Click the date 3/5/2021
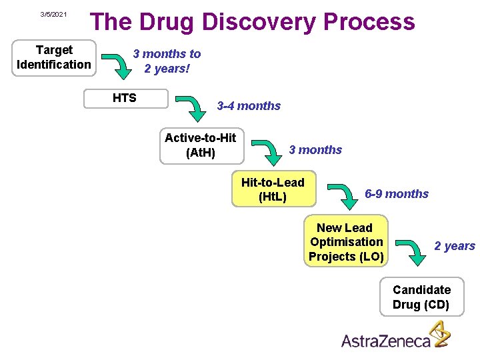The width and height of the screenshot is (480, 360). [x=53, y=14]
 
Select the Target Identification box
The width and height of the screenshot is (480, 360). [x=54, y=57]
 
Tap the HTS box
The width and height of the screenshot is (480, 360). [x=124, y=98]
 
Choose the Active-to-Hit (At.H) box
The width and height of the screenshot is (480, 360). [x=200, y=145]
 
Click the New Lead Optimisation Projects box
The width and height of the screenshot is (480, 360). [x=345, y=242]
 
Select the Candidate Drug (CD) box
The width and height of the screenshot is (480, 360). [x=421, y=297]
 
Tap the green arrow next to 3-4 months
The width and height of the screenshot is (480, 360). [x=193, y=108]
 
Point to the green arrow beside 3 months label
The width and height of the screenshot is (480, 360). [x=268, y=153]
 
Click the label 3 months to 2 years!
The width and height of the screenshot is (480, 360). [x=167, y=61]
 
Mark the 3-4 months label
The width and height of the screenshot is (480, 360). [x=249, y=106]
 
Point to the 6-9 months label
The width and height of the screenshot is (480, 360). [x=397, y=194]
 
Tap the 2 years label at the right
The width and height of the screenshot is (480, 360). [x=455, y=246]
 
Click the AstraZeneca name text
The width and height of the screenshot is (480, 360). [x=386, y=341]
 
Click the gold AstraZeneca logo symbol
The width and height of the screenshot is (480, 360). [x=439, y=334]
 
